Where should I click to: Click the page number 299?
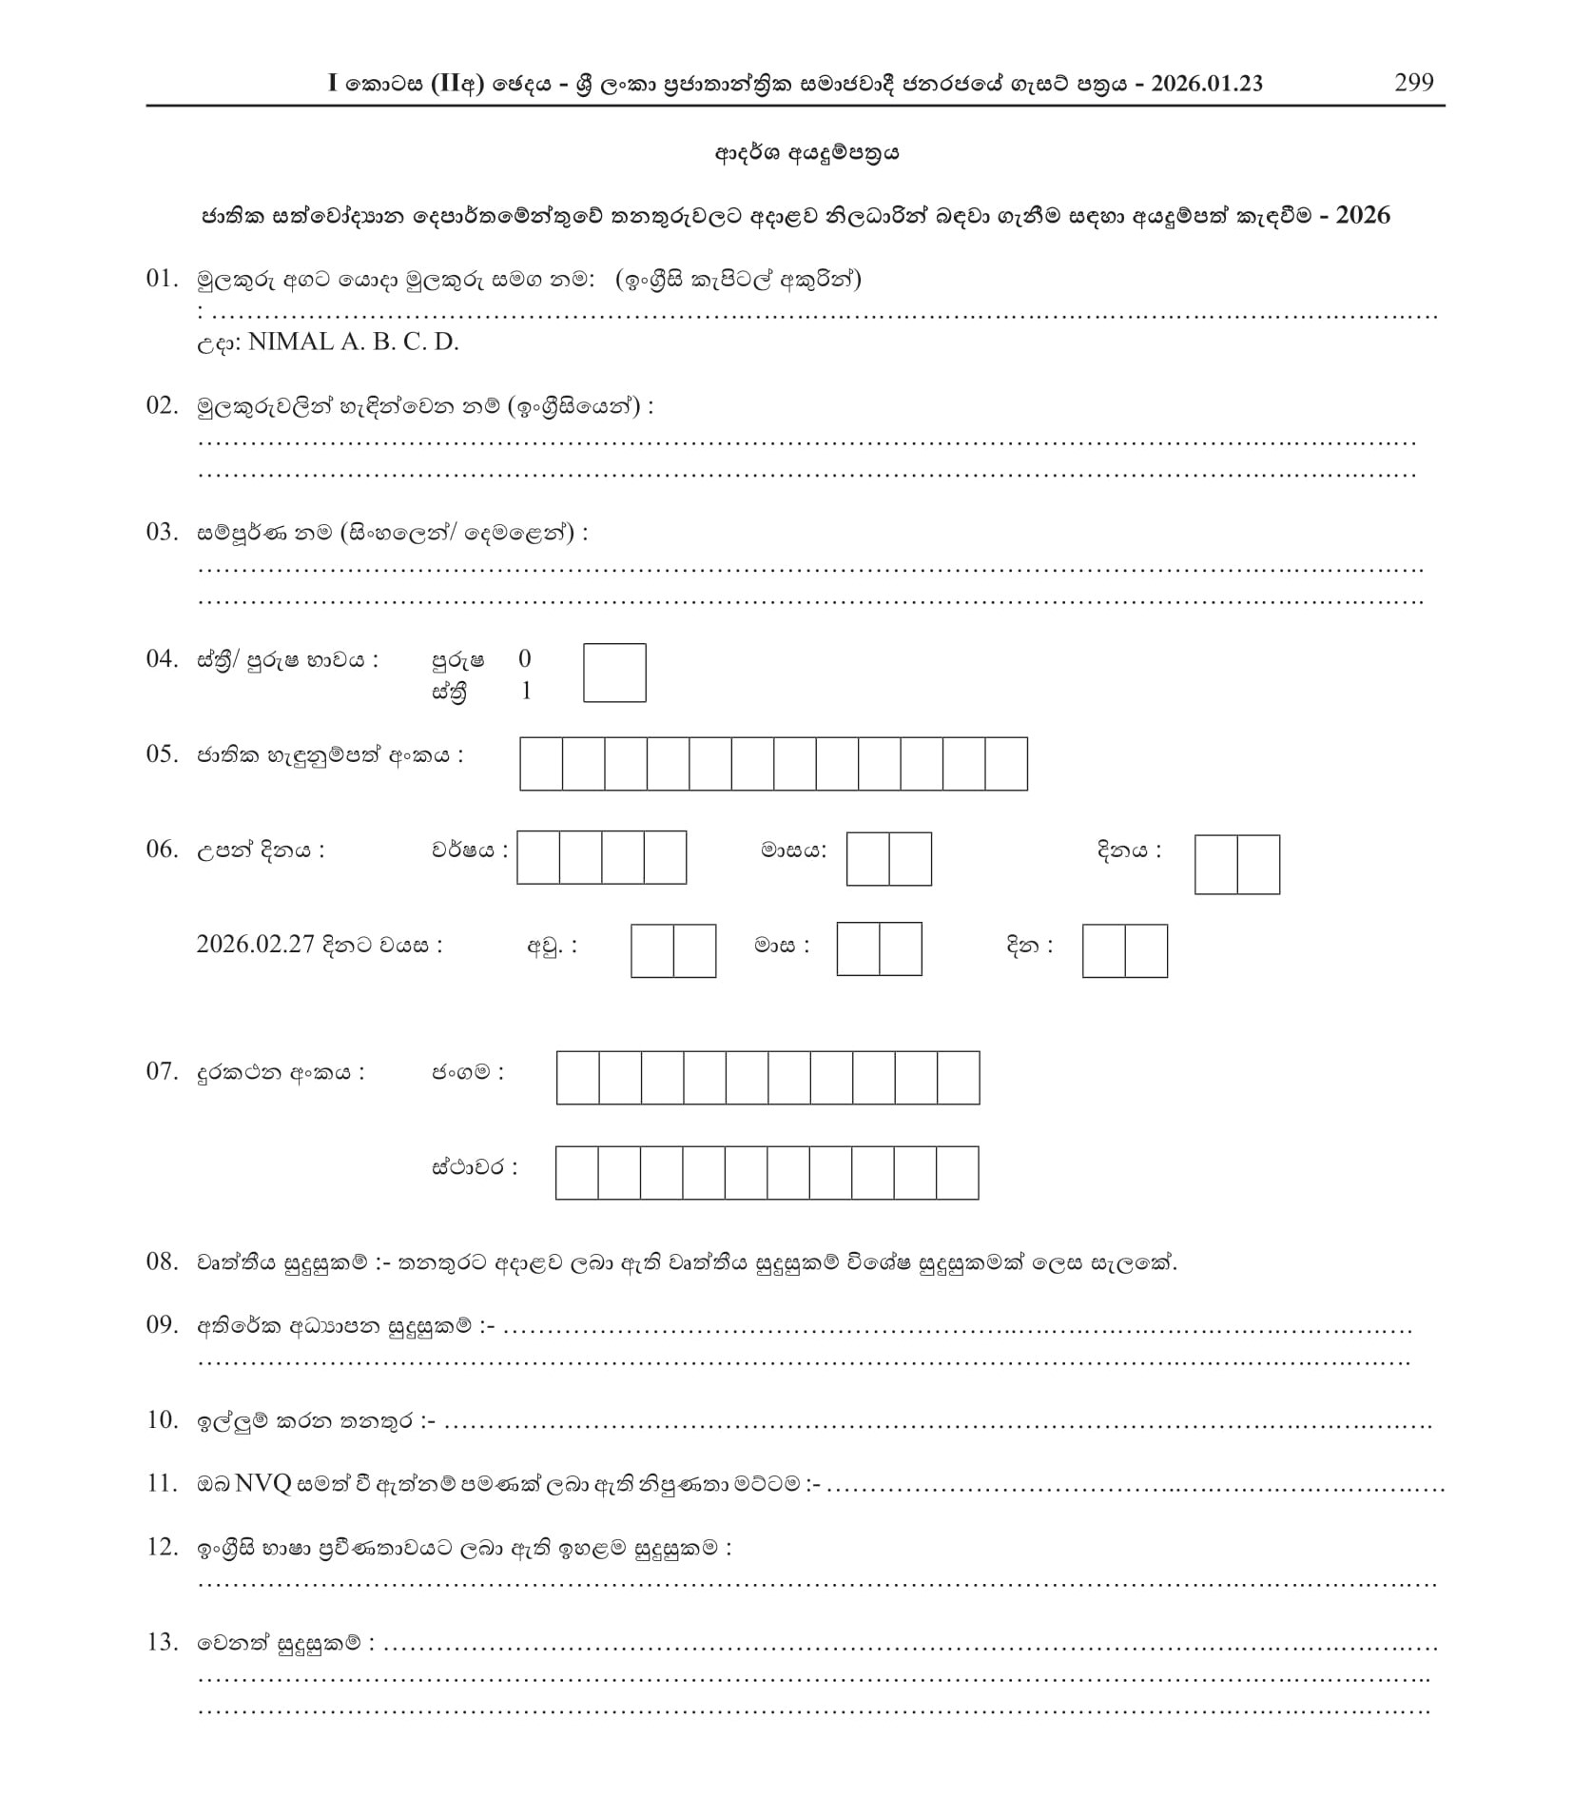click(1413, 83)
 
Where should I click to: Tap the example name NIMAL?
click(290, 342)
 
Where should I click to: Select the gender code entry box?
click(614, 673)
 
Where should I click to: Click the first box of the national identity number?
click(541, 764)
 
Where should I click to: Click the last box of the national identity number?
click(1006, 764)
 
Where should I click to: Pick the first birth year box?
click(538, 857)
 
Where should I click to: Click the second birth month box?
click(910, 859)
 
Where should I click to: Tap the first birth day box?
click(1215, 865)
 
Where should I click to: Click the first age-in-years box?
click(652, 950)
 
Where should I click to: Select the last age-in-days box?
click(1146, 950)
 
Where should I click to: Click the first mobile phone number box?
click(577, 1078)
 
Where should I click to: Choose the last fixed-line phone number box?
click(958, 1173)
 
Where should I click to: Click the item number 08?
click(162, 1261)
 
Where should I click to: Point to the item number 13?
click(162, 1642)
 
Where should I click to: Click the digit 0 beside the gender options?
click(525, 658)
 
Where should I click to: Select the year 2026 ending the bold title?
click(1363, 215)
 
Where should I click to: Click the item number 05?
click(162, 754)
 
